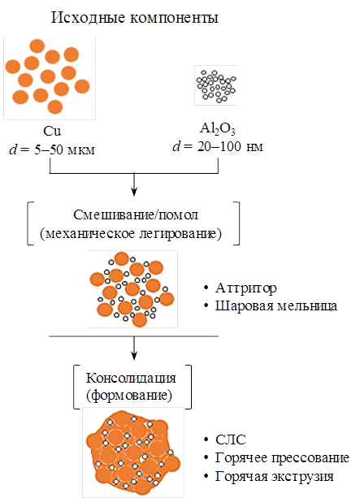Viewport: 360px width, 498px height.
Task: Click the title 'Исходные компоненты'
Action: (x=135, y=18)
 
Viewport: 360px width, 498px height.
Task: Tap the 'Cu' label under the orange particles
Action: (x=52, y=131)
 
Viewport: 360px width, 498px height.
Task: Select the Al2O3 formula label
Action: (x=218, y=128)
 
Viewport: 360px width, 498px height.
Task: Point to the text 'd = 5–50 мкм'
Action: (x=52, y=149)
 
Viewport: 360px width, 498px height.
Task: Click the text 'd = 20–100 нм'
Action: (x=218, y=147)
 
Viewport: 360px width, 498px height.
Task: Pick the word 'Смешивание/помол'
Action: (x=136, y=215)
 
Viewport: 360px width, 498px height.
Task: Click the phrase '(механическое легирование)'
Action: (x=131, y=234)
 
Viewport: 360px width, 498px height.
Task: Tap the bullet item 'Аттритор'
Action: (x=245, y=288)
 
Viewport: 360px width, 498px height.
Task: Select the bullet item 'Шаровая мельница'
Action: (x=275, y=306)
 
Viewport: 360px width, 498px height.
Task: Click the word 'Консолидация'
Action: (x=131, y=378)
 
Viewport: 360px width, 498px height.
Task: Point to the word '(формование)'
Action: (x=129, y=396)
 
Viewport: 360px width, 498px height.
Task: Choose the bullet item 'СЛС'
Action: (x=230, y=440)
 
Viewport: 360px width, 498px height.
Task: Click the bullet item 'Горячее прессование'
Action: (x=282, y=458)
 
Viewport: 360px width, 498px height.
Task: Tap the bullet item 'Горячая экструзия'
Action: (x=274, y=476)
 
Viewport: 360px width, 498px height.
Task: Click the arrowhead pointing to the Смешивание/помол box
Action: (x=134, y=192)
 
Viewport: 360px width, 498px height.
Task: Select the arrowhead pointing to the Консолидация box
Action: (x=134, y=356)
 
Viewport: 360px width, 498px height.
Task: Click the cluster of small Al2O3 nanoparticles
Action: (x=216, y=85)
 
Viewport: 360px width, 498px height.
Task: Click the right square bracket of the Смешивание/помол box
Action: (x=236, y=223)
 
